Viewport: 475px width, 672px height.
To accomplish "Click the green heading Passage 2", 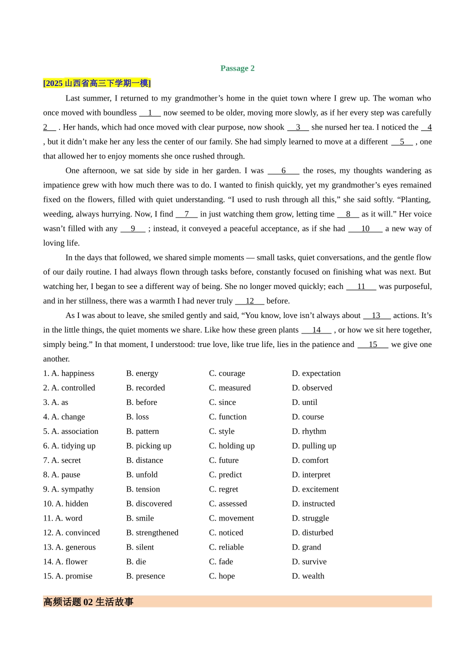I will click(x=237, y=68).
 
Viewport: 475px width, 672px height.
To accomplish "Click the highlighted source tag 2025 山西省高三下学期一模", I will click(x=97, y=83).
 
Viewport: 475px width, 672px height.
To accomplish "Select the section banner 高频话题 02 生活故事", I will click(x=88, y=602).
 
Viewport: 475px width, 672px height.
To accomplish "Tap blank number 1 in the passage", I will click(x=150, y=113).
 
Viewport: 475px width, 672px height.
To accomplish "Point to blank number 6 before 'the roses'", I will click(x=283, y=171).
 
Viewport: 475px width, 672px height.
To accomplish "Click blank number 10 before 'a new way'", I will click(x=365, y=229).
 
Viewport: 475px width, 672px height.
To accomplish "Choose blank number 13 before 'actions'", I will click(x=376, y=316).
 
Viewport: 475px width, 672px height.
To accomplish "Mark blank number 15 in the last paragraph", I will click(x=373, y=345).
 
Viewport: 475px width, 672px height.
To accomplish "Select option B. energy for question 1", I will click(x=142, y=373).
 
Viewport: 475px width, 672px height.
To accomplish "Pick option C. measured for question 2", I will click(x=230, y=388).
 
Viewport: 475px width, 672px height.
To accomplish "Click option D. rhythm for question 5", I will click(x=309, y=431).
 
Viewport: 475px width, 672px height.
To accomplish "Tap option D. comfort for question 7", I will click(x=310, y=460).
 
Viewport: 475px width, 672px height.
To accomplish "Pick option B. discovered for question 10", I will click(x=149, y=504).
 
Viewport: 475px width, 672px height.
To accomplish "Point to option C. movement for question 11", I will click(x=231, y=518).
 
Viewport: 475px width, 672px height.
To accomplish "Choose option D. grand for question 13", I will click(x=306, y=547).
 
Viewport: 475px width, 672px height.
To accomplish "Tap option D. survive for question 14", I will click(x=309, y=562).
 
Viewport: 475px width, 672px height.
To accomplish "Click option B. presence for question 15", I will click(x=145, y=576).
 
